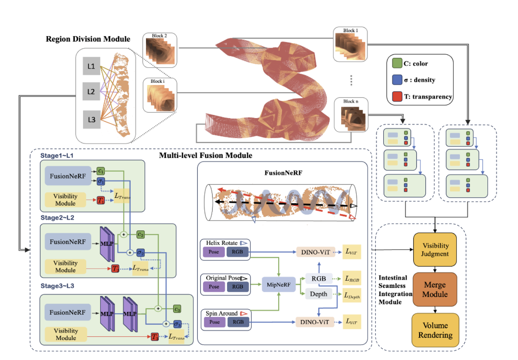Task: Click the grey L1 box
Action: [x=91, y=67]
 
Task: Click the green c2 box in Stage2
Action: [x=141, y=234]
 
